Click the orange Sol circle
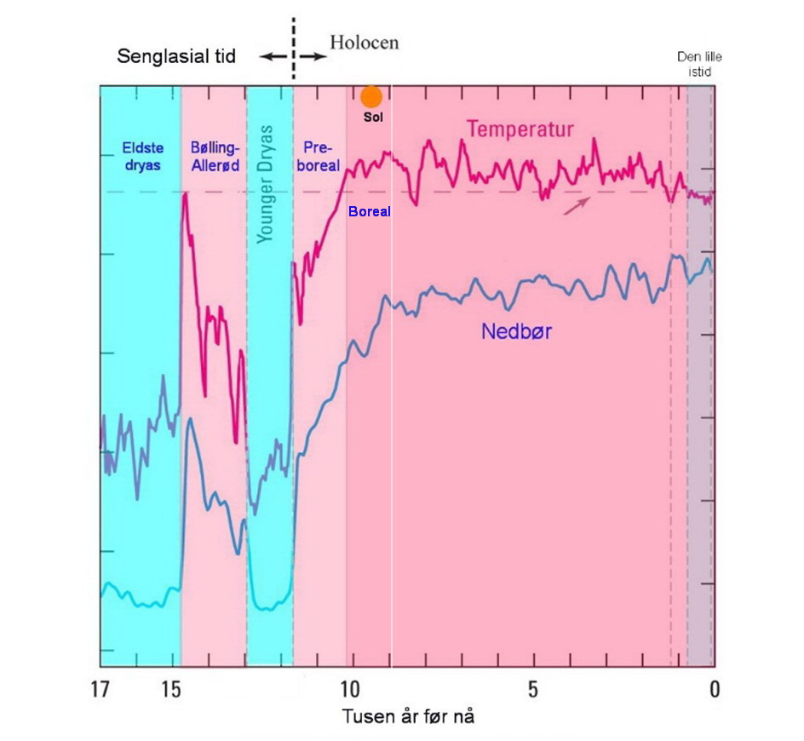tap(370, 97)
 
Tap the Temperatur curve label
tap(520, 129)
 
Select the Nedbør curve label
tap(516, 331)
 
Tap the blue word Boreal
tap(370, 212)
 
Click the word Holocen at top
tap(364, 43)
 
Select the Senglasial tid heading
tap(175, 57)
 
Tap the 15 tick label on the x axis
tap(172, 688)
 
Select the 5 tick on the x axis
tap(532, 688)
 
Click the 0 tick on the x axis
tap(715, 688)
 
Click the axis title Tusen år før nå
tap(408, 716)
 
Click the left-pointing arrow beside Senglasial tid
tap(273, 56)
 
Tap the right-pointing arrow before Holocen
tap(313, 56)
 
